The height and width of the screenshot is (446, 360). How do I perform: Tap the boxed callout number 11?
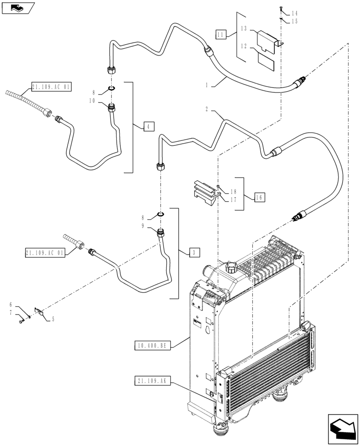221,34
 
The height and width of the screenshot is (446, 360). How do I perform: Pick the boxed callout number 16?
260,196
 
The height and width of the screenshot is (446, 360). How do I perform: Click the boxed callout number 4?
149,127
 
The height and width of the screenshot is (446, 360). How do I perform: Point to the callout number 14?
295,13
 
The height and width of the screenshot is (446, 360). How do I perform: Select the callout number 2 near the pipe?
208,109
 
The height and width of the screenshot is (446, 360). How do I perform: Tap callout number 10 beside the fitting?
93,101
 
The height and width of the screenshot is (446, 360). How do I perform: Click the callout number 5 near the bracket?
53,319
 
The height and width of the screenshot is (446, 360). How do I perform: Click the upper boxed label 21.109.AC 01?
51,87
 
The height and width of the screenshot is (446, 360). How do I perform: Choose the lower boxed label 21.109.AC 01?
45,253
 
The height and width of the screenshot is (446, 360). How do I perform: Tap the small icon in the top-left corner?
17,7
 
